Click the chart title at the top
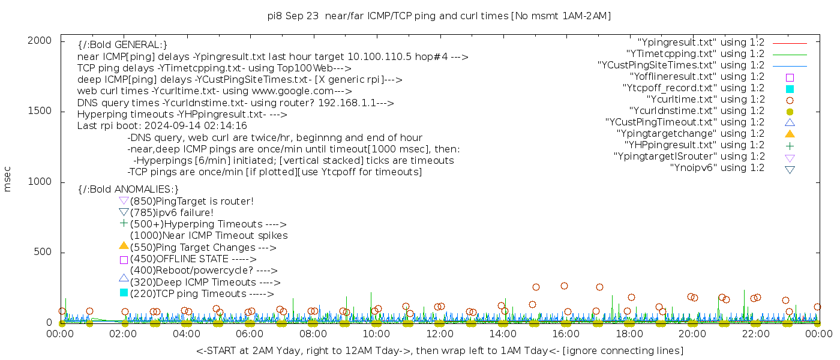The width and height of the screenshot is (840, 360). point(439,16)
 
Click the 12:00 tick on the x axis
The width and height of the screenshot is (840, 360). point(440,334)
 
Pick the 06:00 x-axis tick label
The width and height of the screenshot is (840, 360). point(250,334)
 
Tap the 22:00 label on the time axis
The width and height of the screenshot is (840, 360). point(755,334)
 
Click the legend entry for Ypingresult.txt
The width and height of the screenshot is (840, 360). point(701,43)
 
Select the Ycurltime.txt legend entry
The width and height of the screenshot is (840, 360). point(705,100)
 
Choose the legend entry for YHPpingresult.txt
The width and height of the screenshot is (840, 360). point(694,145)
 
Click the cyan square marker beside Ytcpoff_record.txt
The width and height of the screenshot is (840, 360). point(790,89)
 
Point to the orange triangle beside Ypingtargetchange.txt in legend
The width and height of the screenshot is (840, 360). point(790,134)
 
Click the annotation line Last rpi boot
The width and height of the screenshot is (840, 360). point(162,127)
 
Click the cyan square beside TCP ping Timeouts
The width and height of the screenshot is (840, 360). point(124,293)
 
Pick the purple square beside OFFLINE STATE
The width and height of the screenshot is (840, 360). point(124,260)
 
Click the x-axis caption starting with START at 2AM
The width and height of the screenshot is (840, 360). point(439,350)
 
